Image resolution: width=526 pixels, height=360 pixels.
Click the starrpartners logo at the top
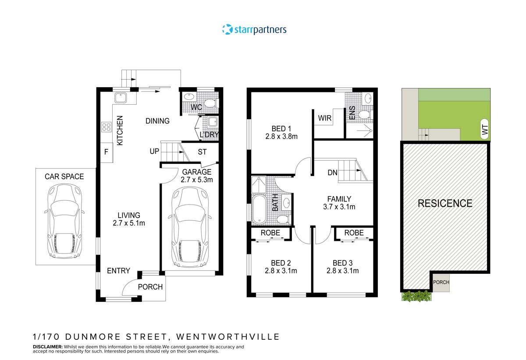click(254, 30)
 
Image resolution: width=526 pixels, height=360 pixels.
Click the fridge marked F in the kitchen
click(106, 153)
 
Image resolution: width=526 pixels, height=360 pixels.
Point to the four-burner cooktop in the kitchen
click(107, 127)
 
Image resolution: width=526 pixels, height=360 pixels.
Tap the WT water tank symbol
click(485, 129)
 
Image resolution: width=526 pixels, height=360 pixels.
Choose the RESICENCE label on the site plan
click(445, 203)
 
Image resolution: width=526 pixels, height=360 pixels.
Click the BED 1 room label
click(281, 128)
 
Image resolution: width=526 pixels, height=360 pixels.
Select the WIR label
click(325, 118)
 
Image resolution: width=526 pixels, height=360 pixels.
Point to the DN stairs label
click(332, 173)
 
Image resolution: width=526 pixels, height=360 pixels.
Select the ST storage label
click(202, 152)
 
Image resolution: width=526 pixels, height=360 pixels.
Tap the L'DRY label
click(209, 134)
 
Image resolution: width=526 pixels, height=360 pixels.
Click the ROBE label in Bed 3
click(354, 233)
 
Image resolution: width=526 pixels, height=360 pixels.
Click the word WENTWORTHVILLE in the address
click(227, 336)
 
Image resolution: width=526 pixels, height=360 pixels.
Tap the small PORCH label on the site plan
click(441, 282)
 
